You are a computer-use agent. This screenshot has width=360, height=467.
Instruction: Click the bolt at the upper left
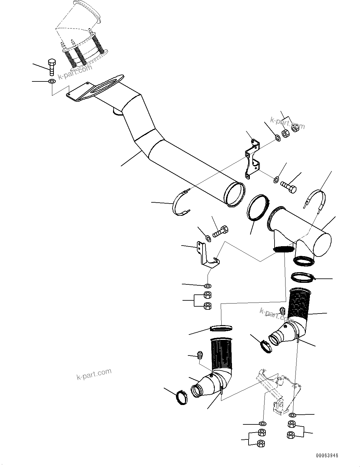52,67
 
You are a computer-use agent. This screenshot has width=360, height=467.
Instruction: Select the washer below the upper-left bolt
52,82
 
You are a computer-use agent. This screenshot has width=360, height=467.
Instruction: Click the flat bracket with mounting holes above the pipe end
252,160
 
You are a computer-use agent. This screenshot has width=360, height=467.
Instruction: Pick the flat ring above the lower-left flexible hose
221,328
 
